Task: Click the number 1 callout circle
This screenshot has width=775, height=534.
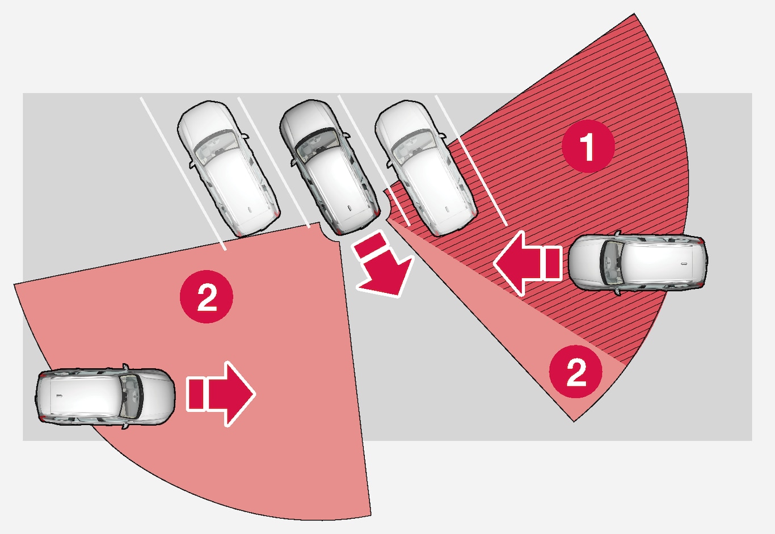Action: click(588, 146)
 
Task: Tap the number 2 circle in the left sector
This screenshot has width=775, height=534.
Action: click(207, 296)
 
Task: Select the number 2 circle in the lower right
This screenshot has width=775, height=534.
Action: click(576, 372)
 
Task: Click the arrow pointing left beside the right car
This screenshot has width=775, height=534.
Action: click(519, 263)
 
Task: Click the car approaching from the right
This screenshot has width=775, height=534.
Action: click(638, 262)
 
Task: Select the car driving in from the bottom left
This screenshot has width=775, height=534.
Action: click(105, 395)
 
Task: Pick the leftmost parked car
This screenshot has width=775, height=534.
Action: click(228, 167)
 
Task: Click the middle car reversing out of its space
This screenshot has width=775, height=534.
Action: click(329, 166)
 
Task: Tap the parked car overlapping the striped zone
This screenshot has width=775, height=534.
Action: click(426, 167)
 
